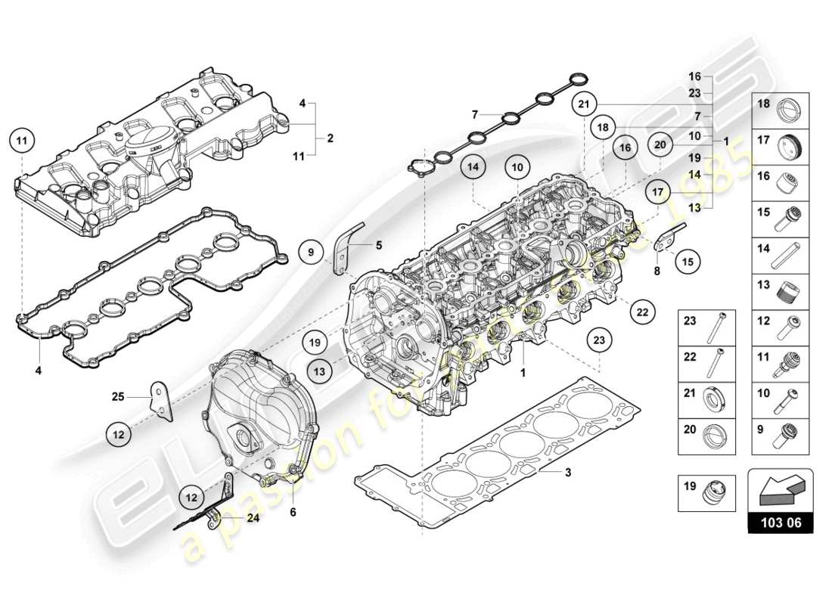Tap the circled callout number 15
click(687, 261)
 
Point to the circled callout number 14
click(473, 167)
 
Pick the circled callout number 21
click(584, 104)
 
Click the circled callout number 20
click(660, 144)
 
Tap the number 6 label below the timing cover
click(293, 512)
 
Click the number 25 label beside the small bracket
click(117, 396)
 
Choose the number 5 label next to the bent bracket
click(380, 245)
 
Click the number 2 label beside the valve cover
click(330, 138)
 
